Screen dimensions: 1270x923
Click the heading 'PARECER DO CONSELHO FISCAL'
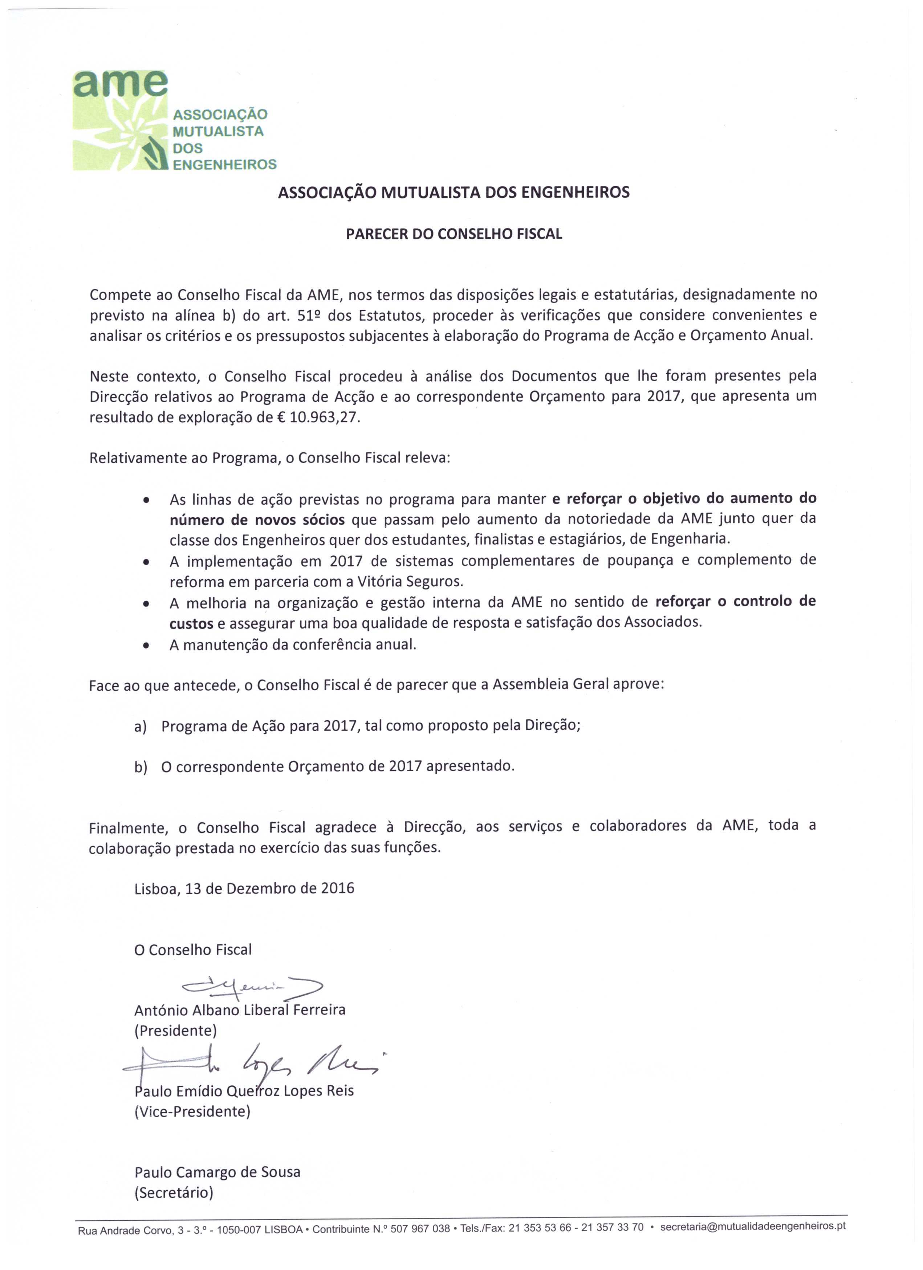(x=454, y=234)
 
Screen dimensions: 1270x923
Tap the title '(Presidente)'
(x=175, y=1030)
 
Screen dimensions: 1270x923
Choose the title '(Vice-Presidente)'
(x=192, y=1111)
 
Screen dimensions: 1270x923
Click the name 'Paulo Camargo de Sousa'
(x=217, y=1172)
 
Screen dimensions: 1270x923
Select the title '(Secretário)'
(x=174, y=1193)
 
